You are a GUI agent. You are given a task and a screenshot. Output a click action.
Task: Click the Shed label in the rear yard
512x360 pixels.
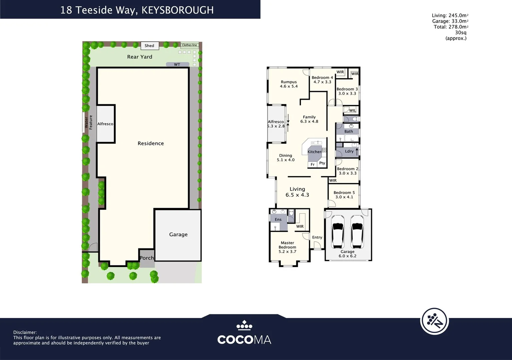(x=149, y=46)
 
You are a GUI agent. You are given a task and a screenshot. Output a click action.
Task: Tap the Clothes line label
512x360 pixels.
(x=189, y=45)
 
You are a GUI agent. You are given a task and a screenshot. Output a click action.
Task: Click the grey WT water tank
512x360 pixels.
(x=177, y=64)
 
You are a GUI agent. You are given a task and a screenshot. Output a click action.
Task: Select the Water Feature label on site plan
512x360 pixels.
(x=88, y=122)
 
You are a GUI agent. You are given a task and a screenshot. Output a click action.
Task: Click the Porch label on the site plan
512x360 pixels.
(x=147, y=258)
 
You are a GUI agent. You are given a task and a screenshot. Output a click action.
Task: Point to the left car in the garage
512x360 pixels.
(x=338, y=232)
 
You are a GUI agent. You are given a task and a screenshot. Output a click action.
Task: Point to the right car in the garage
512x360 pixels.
(x=357, y=232)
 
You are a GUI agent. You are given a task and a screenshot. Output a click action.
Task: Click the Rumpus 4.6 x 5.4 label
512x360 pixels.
(x=289, y=84)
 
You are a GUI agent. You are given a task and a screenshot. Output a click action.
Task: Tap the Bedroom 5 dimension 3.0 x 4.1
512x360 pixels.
(x=344, y=197)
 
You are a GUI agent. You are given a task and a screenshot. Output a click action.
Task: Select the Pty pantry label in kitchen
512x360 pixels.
(x=322, y=163)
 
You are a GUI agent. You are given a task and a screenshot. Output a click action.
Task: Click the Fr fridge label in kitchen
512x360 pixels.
(x=313, y=164)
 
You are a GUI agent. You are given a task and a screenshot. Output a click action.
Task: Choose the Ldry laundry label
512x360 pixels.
(x=349, y=151)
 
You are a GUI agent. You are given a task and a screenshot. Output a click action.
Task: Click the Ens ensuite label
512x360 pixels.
(x=278, y=219)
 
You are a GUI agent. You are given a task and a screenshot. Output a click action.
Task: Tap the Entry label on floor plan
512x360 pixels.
(x=317, y=237)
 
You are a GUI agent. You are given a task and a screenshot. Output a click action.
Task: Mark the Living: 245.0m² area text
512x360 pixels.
(x=450, y=15)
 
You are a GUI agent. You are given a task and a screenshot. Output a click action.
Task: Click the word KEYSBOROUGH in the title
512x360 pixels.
(x=177, y=10)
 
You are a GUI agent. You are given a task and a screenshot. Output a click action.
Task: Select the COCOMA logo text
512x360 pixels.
(x=244, y=339)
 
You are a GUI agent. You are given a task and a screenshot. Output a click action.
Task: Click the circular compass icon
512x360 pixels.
(x=434, y=321)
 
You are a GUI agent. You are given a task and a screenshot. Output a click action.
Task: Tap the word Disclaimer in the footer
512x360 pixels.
(x=25, y=332)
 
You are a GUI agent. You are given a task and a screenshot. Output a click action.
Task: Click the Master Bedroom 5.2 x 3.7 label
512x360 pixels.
(x=287, y=247)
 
